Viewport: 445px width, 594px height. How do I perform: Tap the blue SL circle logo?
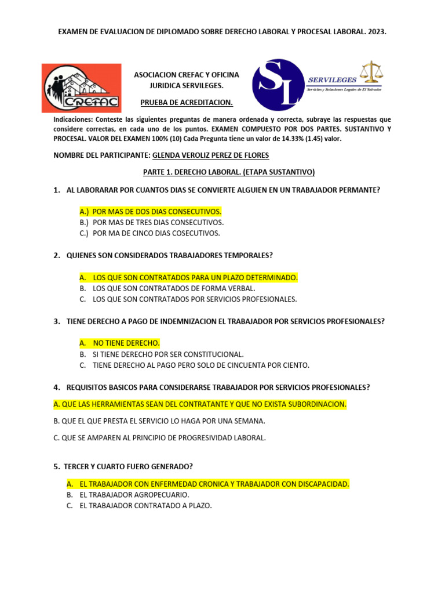click(278, 85)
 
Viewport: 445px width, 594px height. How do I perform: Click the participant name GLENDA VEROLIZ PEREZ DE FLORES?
click(210, 155)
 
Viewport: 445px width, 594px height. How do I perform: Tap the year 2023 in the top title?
click(375, 34)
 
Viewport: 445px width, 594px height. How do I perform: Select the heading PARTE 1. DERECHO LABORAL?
click(228, 172)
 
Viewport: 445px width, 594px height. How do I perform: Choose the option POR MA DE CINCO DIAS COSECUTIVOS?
click(149, 233)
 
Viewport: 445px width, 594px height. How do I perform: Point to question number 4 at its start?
click(57, 387)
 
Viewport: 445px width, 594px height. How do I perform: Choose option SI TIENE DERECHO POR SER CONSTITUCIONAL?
click(161, 354)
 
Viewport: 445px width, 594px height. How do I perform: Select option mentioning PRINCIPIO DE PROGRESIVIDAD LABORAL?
click(159, 438)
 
